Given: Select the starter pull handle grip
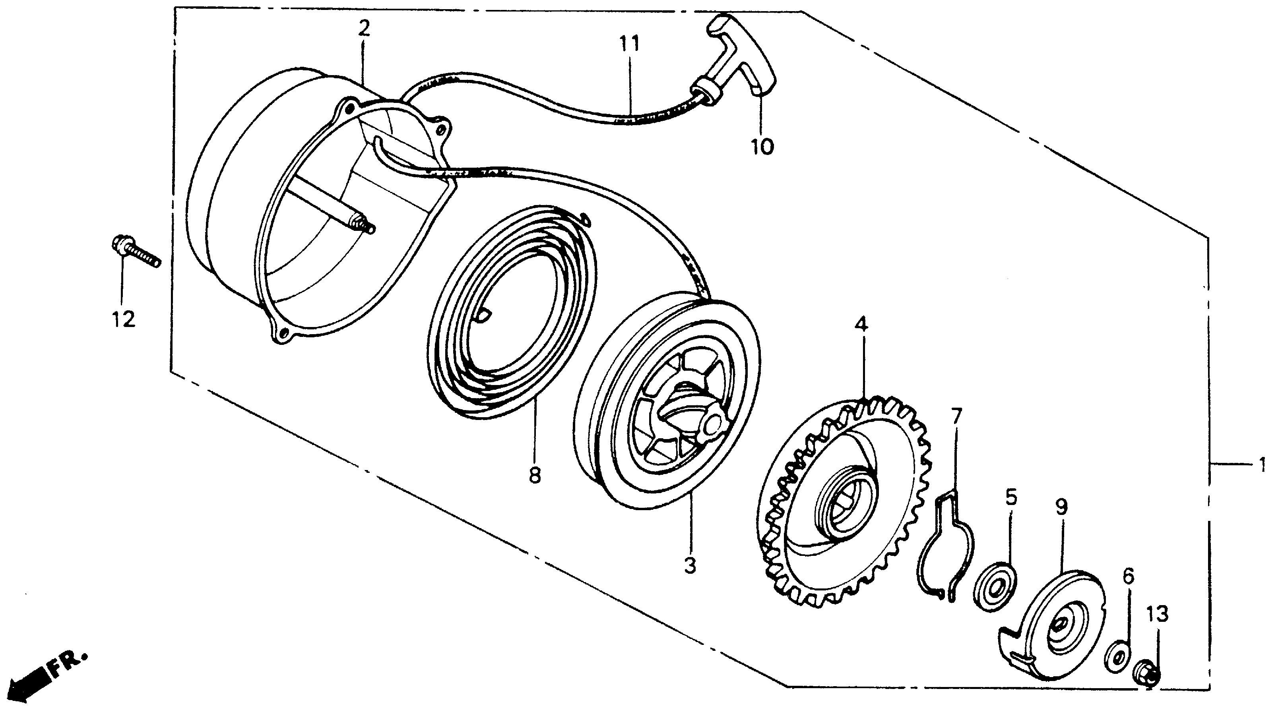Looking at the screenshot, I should click(x=740, y=60).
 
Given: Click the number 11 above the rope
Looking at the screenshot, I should click(x=629, y=44).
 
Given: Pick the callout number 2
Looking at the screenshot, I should click(x=364, y=28).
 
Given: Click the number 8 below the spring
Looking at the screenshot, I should click(x=535, y=476).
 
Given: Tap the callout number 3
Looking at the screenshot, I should click(x=690, y=565).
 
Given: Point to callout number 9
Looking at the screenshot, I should click(x=1061, y=507).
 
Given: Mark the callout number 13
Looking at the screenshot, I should click(x=1158, y=614).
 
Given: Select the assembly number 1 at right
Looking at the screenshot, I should click(x=1262, y=465).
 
